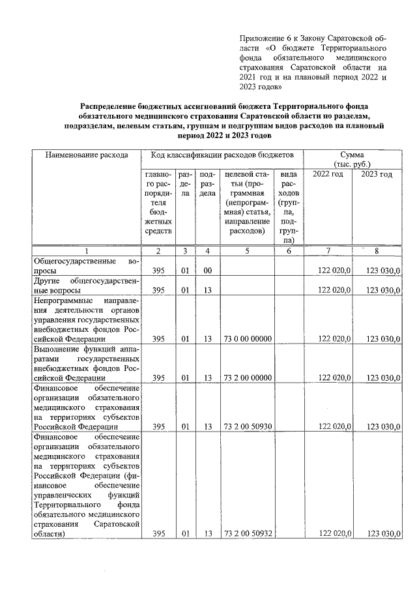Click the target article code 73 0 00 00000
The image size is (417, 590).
(x=248, y=339)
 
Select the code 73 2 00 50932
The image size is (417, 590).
(x=248, y=534)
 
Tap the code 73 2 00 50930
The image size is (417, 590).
(x=248, y=426)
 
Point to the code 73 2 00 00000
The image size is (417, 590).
(x=248, y=377)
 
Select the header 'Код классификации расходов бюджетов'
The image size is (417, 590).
(x=222, y=155)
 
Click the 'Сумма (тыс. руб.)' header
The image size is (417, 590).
(x=355, y=159)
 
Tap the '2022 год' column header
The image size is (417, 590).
(x=328, y=174)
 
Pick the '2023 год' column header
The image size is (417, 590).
(x=377, y=174)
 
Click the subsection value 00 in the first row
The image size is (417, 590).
(x=207, y=271)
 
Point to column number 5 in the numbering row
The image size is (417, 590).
(x=248, y=252)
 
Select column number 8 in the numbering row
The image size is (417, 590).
(x=377, y=252)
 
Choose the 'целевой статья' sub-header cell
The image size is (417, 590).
(x=248, y=202)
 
